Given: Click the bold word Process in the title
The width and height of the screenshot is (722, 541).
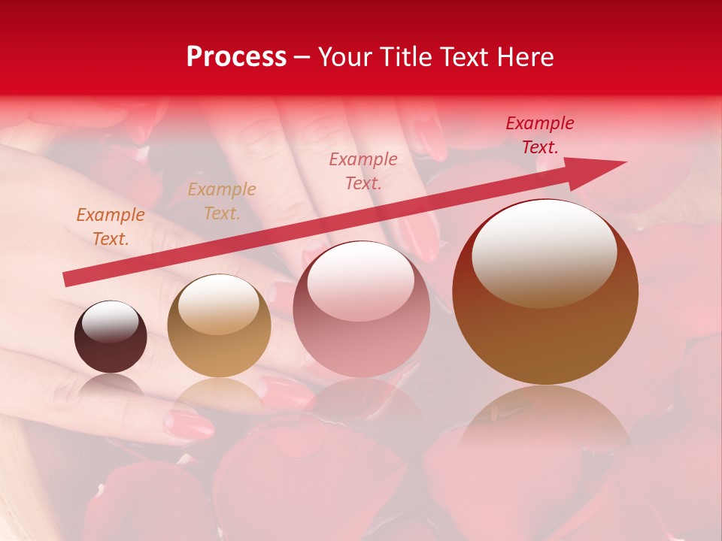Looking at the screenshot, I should click(236, 57).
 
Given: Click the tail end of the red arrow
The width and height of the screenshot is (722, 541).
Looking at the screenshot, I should click(68, 280).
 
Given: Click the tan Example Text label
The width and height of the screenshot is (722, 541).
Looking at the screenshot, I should click(222, 201).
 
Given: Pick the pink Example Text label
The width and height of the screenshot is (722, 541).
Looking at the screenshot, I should click(363, 171).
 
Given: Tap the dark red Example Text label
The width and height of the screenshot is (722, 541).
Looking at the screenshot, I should click(540, 135).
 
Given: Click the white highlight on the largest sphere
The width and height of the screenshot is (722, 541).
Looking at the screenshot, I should click(544, 252).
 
